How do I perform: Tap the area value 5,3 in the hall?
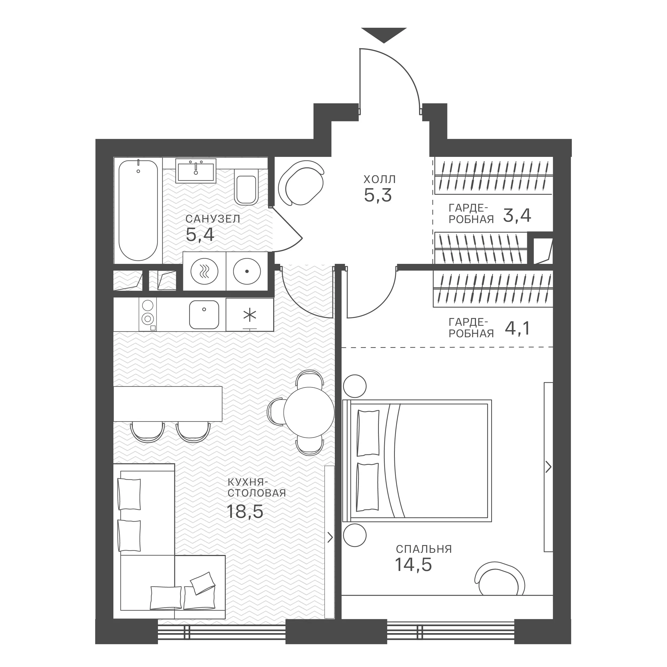pos(378,195)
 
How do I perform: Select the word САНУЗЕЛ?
pos(213,219)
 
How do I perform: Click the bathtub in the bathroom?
pos(138,211)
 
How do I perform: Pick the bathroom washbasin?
pos(196,170)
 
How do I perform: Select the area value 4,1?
pos(517,329)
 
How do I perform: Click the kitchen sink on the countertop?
pos(204,314)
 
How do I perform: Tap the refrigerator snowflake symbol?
pos(250,315)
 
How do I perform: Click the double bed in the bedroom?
pos(417,460)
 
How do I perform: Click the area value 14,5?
pos(413,565)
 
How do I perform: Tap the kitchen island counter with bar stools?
pos(168,404)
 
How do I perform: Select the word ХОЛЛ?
pos(379,180)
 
